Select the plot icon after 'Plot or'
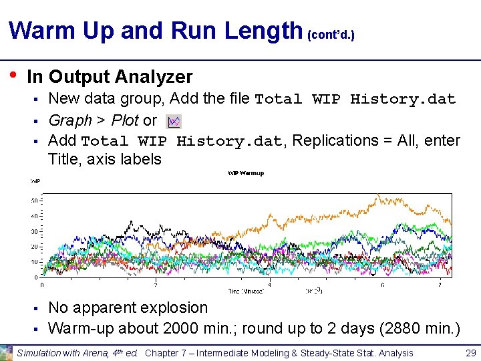coord(174,121)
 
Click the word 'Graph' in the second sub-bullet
coord(70,121)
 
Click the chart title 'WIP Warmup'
coord(247,173)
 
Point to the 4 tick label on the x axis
coord(269,284)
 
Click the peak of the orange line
coord(378,195)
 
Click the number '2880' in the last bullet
coord(393,328)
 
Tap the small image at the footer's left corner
coord(7,352)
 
